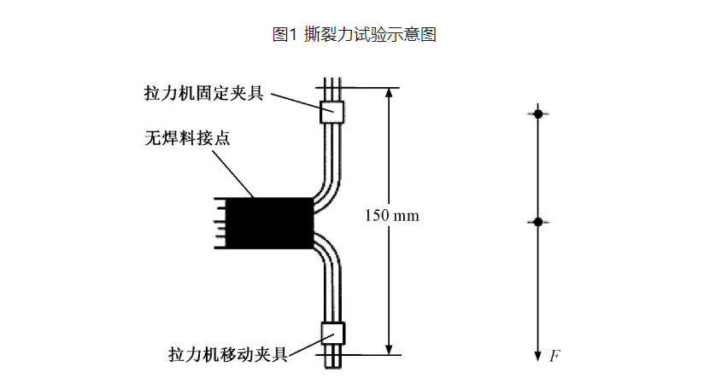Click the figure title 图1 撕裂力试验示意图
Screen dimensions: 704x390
click(x=355, y=34)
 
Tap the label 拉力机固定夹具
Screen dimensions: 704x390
click(x=204, y=93)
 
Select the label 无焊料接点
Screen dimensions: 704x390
click(x=187, y=137)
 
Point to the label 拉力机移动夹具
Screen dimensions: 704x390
click(x=228, y=354)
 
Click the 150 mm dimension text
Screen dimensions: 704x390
click(x=391, y=216)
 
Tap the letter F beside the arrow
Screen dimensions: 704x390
click(x=554, y=356)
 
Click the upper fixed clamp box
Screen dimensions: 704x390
click(x=331, y=112)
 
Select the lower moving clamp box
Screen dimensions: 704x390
click(x=332, y=333)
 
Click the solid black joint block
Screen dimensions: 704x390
click(x=269, y=223)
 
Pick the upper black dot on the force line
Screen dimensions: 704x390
click(x=538, y=114)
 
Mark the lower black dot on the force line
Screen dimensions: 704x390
click(x=538, y=222)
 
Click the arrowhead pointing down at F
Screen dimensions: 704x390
click(x=538, y=356)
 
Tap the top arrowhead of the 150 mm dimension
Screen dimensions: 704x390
click(x=389, y=93)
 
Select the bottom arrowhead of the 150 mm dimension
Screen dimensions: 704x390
click(x=389, y=350)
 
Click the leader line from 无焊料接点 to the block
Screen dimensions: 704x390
click(x=233, y=174)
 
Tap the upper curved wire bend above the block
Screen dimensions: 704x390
click(x=329, y=189)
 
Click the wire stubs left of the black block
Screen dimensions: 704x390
click(x=220, y=223)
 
